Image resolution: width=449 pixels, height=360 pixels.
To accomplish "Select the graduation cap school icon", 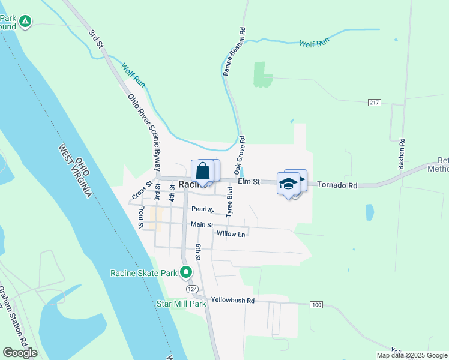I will tap(289, 183).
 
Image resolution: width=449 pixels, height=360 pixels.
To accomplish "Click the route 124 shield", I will tap(191, 289).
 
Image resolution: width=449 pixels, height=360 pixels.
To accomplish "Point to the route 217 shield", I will tap(375, 103).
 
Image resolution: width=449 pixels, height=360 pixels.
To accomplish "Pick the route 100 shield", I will tap(317, 305).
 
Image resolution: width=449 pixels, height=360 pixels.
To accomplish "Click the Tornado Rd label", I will tap(337, 185).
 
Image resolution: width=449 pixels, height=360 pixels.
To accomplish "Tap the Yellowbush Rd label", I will tap(233, 300).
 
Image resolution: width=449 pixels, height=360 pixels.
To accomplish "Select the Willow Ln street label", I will tap(231, 234).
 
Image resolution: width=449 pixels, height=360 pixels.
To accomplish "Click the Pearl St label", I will tap(203, 209).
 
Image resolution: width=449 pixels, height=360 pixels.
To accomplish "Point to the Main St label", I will tap(202, 225).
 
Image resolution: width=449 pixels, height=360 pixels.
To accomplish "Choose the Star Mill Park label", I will tap(182, 304).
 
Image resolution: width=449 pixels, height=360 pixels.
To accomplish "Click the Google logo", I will tap(20, 353).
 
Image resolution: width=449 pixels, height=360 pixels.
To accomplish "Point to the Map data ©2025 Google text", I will tap(412, 355).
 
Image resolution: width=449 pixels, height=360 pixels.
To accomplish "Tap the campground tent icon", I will tap(25, 22).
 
